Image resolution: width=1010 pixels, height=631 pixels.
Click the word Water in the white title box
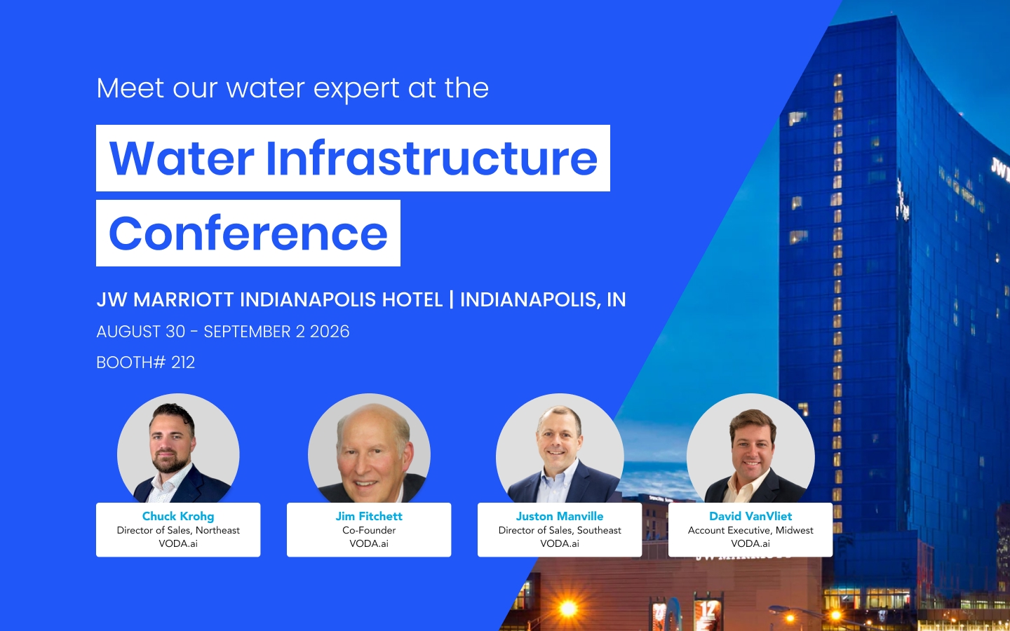[181, 158]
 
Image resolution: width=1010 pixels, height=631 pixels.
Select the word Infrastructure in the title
[431, 158]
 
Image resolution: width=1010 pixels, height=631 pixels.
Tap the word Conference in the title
[248, 233]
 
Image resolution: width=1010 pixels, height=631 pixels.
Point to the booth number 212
[183, 362]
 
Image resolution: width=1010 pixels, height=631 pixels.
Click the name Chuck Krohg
[178, 516]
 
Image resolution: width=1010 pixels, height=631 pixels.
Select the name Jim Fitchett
[369, 516]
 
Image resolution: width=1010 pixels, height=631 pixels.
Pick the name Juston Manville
[560, 516]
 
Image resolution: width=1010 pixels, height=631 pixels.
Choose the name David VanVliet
[750, 516]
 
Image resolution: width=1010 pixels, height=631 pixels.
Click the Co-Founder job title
[369, 530]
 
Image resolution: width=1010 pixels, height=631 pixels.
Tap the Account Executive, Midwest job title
[750, 530]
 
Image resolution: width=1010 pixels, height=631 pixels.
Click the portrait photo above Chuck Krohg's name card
[178, 449]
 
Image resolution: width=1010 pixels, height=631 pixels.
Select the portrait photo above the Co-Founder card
[369, 449]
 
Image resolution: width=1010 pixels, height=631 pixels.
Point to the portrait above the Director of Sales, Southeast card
[560, 449]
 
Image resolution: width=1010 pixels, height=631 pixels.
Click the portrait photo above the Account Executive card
[750, 449]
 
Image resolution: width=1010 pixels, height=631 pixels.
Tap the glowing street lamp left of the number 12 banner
[568, 609]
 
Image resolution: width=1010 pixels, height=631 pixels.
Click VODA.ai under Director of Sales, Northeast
[178, 543]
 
